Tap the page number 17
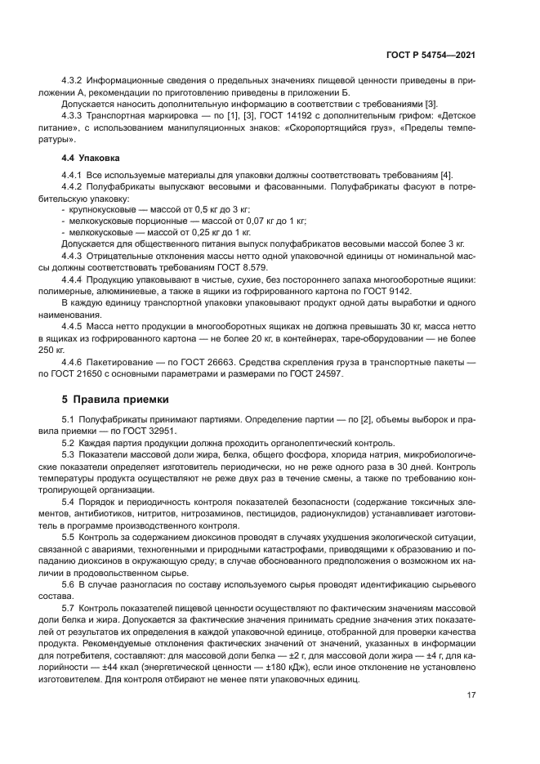click(x=471, y=695)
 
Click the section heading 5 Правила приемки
click(x=115, y=400)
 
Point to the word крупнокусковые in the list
click(x=99, y=209)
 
